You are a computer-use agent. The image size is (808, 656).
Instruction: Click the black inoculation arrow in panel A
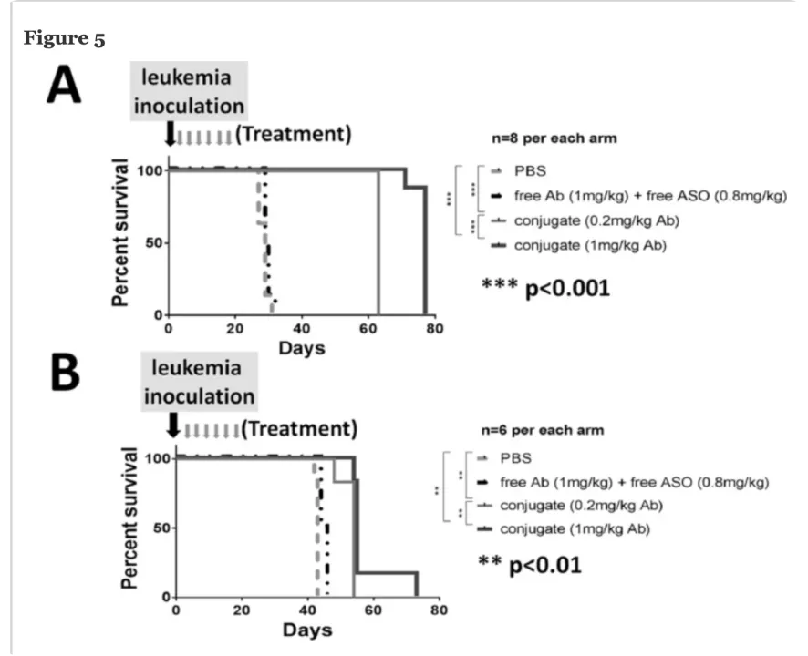click(169, 135)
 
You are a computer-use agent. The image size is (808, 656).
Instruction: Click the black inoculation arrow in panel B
click(174, 425)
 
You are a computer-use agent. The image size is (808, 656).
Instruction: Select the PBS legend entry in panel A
click(532, 171)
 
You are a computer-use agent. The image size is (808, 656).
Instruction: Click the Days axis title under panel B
click(306, 630)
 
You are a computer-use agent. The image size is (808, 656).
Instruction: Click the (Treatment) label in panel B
click(298, 427)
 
